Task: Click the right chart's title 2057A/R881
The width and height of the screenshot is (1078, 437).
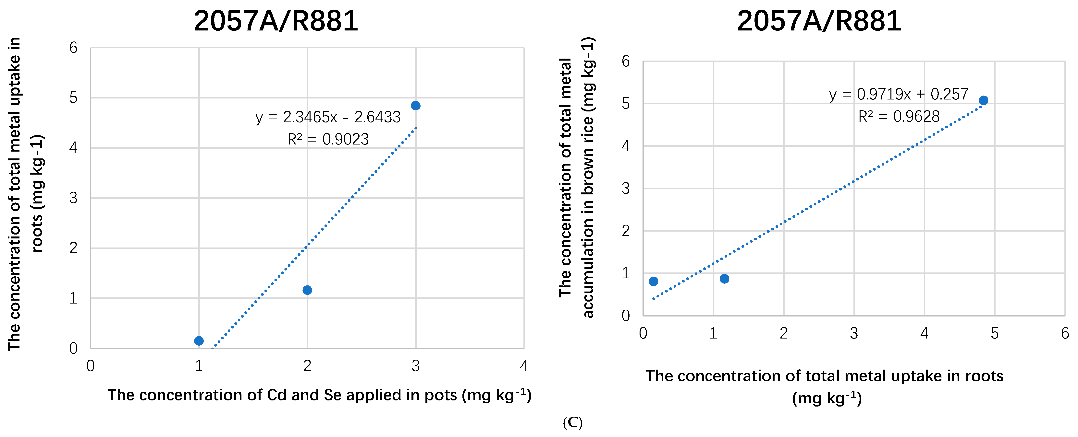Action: pos(819,21)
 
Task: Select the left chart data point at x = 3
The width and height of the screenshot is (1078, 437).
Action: pos(416,105)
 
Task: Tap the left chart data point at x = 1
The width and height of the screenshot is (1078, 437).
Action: pos(199,341)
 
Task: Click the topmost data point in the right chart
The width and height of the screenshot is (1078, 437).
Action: pos(983,100)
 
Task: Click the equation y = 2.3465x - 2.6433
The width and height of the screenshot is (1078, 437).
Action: pos(328,117)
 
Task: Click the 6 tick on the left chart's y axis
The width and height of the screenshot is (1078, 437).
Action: pos(74,48)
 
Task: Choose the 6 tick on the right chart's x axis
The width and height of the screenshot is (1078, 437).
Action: pos(1065,333)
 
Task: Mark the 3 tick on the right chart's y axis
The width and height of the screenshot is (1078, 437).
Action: pos(626,189)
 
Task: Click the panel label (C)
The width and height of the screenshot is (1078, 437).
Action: pos(572,423)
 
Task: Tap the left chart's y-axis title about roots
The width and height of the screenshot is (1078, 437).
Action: pos(25,194)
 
